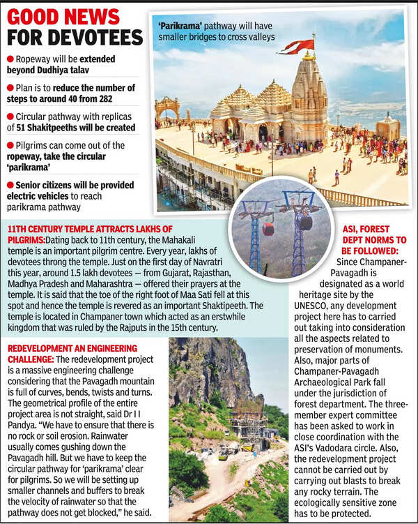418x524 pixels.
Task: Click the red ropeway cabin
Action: pyautogui.click(x=268, y=228)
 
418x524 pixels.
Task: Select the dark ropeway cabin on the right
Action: pyautogui.click(x=305, y=222)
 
